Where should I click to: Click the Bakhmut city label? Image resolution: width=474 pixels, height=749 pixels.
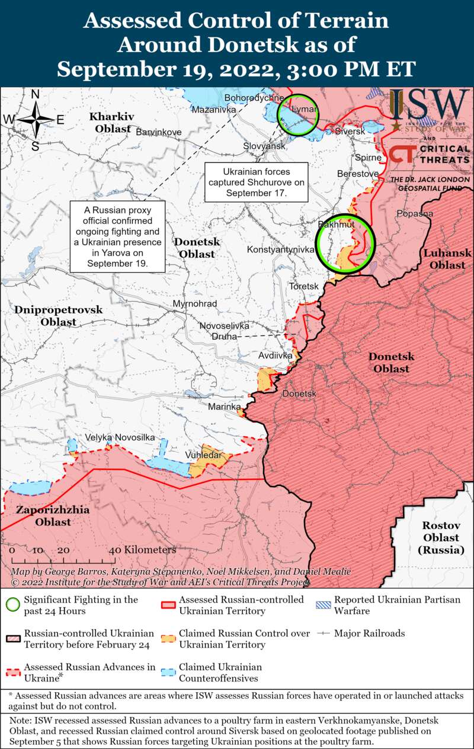point(336,225)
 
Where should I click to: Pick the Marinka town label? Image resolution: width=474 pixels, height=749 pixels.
point(224,407)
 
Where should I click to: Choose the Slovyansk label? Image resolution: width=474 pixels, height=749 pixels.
point(265,146)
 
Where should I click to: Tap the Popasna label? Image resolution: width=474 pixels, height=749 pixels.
point(415,213)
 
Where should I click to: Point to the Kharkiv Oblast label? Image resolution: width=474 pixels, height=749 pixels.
point(112,121)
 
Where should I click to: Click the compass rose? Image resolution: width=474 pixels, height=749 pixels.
point(35,120)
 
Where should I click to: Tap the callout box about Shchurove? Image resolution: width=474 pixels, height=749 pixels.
point(257,182)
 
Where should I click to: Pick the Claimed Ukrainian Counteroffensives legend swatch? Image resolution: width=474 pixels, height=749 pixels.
point(169,672)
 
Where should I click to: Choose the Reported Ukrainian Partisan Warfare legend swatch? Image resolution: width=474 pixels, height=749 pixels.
point(324,605)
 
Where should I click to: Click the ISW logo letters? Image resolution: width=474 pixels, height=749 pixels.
point(428,105)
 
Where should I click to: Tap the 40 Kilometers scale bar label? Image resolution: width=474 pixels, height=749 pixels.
point(145,550)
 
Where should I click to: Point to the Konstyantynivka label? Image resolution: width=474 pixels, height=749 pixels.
point(280,250)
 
